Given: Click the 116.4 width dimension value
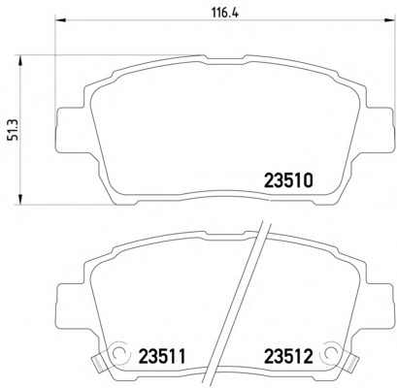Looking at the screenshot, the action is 225,14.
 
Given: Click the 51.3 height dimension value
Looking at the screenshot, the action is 15,129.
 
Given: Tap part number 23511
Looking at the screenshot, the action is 162,357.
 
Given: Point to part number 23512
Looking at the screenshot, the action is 289,357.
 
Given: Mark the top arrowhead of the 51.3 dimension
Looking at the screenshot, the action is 20,61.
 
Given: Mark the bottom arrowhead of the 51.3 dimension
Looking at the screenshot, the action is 20,199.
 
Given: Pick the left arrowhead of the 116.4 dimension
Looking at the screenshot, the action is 61,21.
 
